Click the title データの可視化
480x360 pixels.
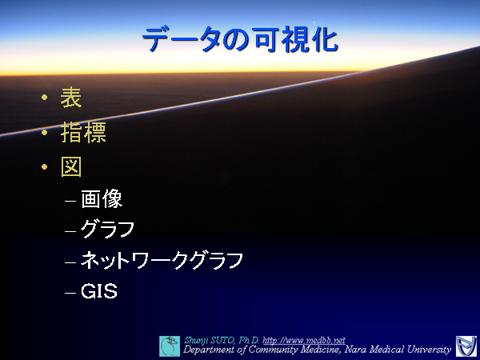pyautogui.click(x=239, y=40)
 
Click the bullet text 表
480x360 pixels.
pyautogui.click(x=71, y=99)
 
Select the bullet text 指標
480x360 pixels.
pyautogui.click(x=83, y=133)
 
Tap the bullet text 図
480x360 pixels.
pyautogui.click(x=71, y=166)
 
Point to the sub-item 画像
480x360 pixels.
pyautogui.click(x=102, y=199)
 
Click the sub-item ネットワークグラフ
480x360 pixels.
pyautogui.click(x=162, y=260)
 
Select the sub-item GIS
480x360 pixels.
pyautogui.click(x=99, y=292)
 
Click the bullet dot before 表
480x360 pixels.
pyautogui.click(x=45, y=99)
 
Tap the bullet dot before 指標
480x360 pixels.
pyautogui.click(x=45, y=133)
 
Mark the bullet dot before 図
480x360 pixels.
pyautogui.click(x=45, y=166)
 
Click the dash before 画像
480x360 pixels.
pyautogui.click(x=71, y=200)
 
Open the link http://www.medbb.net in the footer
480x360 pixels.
pyautogui.click(x=303, y=340)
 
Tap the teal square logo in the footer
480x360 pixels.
pyautogui.click(x=170, y=346)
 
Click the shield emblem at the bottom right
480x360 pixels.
pyautogui.click(x=465, y=346)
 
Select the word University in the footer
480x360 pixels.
pyautogui.click(x=424, y=350)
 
